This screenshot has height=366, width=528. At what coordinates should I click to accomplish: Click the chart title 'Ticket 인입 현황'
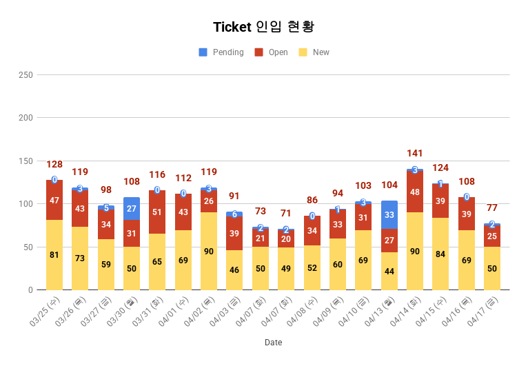[264, 27]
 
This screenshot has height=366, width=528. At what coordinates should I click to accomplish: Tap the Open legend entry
[272, 52]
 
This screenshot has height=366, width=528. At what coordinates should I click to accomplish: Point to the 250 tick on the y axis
[25, 74]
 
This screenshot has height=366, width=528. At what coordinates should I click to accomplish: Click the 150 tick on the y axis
[25, 161]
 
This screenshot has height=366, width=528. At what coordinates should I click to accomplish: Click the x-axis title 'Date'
[273, 343]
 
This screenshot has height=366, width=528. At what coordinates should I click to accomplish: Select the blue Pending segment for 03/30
[132, 208]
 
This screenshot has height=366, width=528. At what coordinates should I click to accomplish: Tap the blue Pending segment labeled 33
[389, 214]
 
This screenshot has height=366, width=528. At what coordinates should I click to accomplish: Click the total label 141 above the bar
[415, 153]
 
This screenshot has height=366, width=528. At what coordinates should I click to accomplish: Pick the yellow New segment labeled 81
[54, 255]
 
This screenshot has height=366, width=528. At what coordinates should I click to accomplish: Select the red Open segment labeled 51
[157, 212]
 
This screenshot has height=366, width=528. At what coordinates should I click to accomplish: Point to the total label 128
[54, 165]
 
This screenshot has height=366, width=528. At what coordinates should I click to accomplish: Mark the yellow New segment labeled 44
[389, 271]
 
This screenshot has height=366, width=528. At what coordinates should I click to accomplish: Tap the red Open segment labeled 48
[415, 192]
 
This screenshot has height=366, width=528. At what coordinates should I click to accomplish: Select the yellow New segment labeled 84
[440, 254]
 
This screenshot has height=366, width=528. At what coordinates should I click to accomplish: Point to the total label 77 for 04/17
[492, 207]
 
